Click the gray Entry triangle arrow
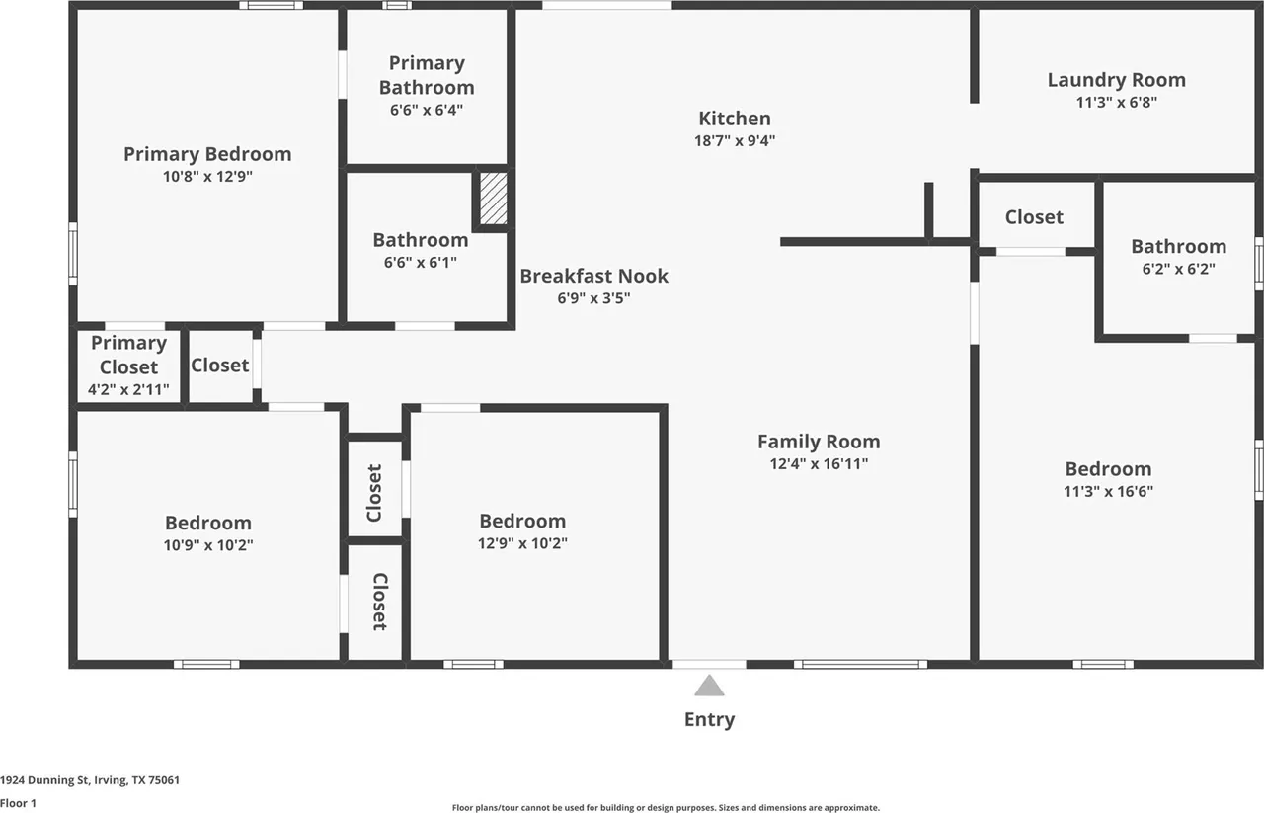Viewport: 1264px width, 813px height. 709,686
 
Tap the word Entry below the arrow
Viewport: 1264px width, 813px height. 709,720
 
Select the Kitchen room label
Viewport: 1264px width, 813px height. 735,119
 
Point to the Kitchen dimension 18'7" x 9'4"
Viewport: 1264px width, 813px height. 735,140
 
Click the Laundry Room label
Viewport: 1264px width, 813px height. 1117,80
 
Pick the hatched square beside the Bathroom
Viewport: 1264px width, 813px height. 493,199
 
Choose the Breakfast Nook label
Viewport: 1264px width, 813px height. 593,276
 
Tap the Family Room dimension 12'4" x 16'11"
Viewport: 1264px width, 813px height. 819,464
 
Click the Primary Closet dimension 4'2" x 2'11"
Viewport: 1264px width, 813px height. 128,389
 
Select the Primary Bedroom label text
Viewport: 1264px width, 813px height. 207,154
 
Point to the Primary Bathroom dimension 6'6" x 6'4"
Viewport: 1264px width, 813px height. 427,110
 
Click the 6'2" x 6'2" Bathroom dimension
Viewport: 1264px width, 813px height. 1179,269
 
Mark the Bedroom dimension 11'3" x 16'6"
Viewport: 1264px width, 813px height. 1108,491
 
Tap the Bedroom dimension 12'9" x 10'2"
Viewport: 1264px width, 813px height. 522,543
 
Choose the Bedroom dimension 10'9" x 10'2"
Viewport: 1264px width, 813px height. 208,545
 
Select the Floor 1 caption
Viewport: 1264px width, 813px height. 18,803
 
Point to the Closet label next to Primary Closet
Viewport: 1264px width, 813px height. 219,366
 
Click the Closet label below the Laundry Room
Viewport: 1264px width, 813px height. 1034,217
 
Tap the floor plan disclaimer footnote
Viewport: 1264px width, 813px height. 666,808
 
